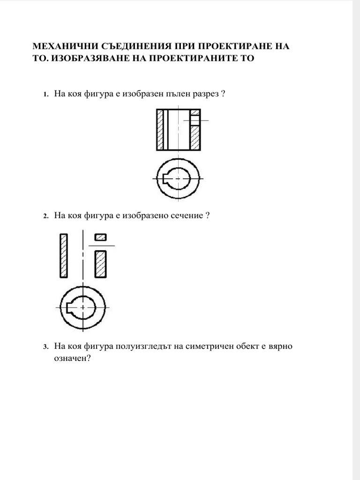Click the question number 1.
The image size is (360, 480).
[45, 94]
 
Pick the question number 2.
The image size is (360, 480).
[45, 216]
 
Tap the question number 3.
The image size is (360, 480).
[45, 347]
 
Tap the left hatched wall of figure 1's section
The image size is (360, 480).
[160, 130]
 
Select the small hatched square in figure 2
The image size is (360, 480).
[100, 237]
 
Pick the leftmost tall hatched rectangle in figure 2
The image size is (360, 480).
[63, 255]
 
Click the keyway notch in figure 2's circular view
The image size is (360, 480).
[69, 307]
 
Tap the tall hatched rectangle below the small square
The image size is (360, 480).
[100, 264]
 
